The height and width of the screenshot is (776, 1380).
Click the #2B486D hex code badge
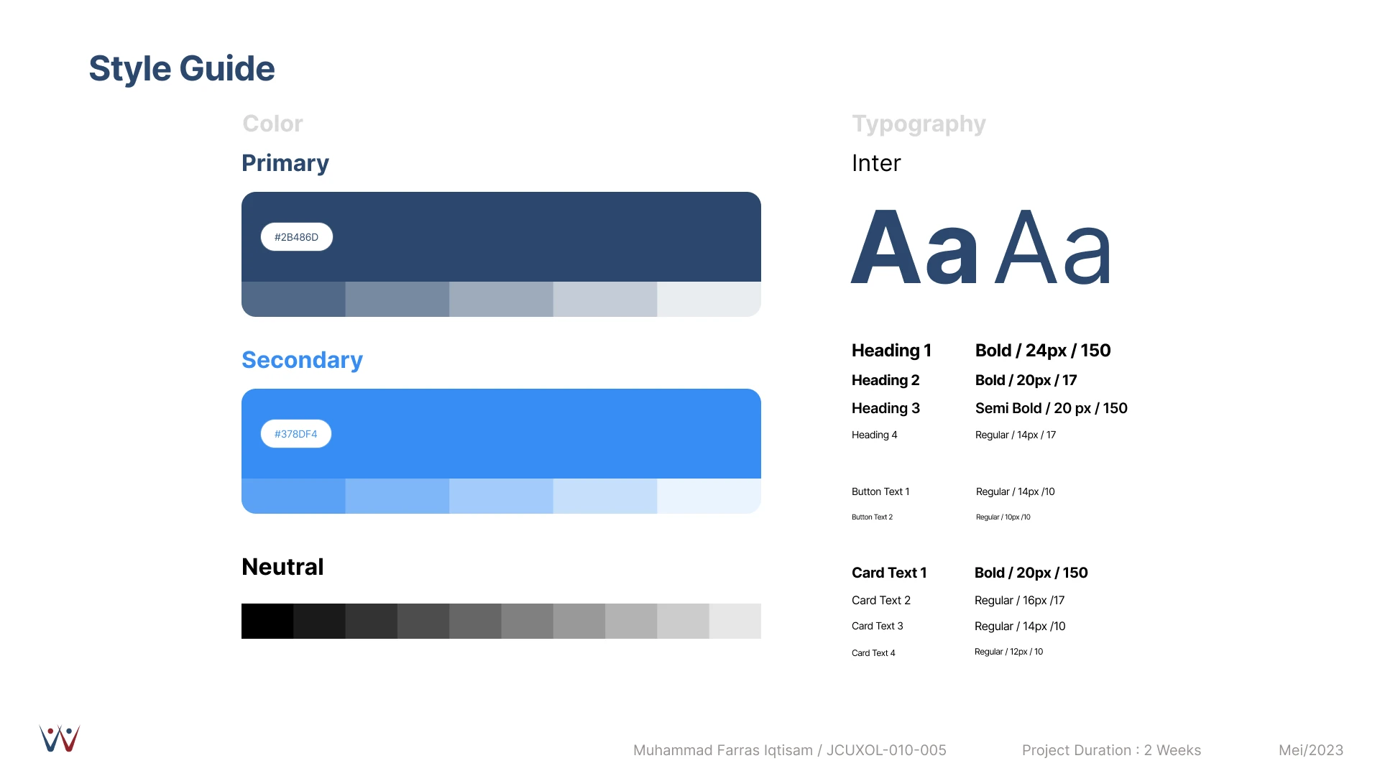coord(296,237)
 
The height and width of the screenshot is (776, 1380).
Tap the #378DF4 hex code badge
coord(295,434)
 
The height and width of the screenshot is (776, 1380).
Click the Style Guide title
coord(182,69)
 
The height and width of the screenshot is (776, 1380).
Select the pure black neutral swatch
coord(267,621)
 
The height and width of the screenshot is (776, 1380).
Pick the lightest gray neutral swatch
coord(735,621)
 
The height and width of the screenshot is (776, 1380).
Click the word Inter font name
coord(876,163)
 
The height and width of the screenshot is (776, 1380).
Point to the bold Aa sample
coord(914,247)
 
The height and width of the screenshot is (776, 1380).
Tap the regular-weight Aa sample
coord(1053,247)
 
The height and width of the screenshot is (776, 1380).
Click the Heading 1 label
coord(891,351)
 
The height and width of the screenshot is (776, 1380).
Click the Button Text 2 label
coord(872,517)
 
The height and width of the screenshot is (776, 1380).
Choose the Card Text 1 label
coord(889,573)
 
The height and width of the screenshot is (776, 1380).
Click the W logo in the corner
coord(60,739)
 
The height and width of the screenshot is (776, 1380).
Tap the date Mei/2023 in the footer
coord(1311,750)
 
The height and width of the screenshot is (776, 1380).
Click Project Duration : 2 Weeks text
coord(1111,750)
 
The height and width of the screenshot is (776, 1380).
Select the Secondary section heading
coord(302,360)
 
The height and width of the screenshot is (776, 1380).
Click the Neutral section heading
coord(282,567)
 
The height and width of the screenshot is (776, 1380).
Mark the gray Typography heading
coord(919,124)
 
